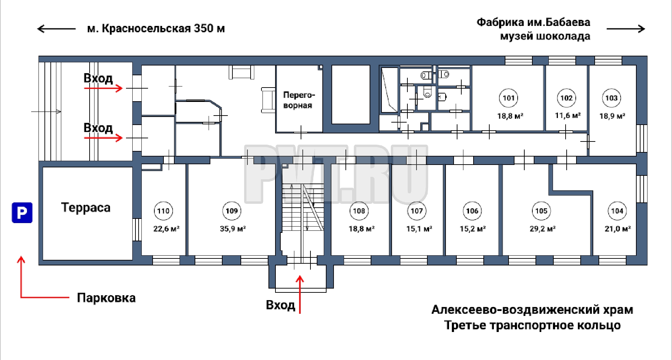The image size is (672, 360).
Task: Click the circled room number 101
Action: pos(508,98)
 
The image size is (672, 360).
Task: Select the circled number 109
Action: pos(232,211)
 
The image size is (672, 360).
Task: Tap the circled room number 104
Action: pos(617,211)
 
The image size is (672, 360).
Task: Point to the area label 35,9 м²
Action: pos(233,229)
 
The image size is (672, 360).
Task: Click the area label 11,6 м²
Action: pos(568,115)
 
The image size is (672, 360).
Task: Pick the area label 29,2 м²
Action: pos(542,229)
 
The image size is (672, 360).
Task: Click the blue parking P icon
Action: pos(22,213)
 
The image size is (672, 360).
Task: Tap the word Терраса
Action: pos(86,207)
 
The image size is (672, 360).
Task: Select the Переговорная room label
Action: pos(299,100)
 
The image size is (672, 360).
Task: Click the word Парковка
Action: pos(106,298)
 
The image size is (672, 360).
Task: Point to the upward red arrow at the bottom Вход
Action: pos(300,295)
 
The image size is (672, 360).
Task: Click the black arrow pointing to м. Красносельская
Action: pos(56,29)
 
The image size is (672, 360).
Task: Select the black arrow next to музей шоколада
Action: pos(626,29)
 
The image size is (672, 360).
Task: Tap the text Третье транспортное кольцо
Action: pos(532,325)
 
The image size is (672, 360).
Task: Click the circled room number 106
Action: pos(472,211)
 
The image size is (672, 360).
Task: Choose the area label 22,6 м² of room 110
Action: pos(166,229)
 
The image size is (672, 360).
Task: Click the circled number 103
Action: pos(611,98)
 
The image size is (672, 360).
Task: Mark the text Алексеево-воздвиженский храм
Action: pos(532,310)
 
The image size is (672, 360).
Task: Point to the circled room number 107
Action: pos(416,211)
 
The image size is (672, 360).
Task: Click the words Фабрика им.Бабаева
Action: pos(533,22)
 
